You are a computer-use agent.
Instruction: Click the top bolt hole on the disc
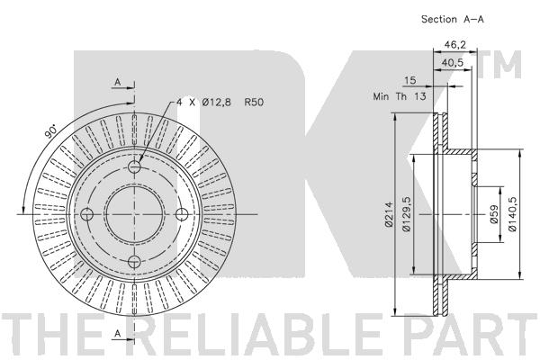(x=134, y=167)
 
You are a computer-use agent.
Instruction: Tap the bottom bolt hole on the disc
(x=134, y=261)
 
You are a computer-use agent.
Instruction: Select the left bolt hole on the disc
(x=87, y=214)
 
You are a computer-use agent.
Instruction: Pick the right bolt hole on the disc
(x=181, y=214)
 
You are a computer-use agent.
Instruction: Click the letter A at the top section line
(x=116, y=83)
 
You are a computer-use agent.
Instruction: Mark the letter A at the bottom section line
(x=116, y=334)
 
